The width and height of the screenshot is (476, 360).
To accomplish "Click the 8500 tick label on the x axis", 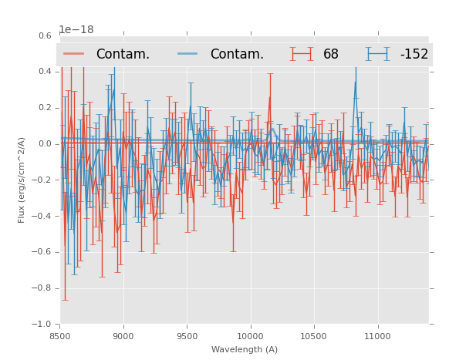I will coord(60,336).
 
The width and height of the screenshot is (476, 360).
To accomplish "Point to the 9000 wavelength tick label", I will coord(123,336).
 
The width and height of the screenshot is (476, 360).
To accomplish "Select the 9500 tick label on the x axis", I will coord(187,336).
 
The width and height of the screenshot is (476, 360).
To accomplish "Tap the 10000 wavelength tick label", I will coord(250,336).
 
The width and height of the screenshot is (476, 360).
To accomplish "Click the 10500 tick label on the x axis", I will coord(313,336).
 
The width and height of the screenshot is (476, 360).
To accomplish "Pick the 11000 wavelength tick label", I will coord(376,336).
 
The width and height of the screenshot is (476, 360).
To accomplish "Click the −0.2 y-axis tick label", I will coord(43,180).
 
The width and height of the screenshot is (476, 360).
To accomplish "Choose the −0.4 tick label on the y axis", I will coord(43,216).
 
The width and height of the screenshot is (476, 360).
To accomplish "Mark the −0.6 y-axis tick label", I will coord(43,252).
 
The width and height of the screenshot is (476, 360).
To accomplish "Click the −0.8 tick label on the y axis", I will coord(43,288).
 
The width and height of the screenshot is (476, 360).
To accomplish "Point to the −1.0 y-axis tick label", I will coord(43,325).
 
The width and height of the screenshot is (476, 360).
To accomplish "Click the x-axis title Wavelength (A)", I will coord(244,350).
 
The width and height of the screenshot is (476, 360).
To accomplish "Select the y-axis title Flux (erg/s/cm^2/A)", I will coord(22,180).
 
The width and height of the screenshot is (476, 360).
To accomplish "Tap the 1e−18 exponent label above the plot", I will coord(76,30).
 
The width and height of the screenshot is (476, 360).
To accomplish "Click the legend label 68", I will coord(331,55).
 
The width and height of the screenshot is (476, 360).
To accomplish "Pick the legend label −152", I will coord(414,55).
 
